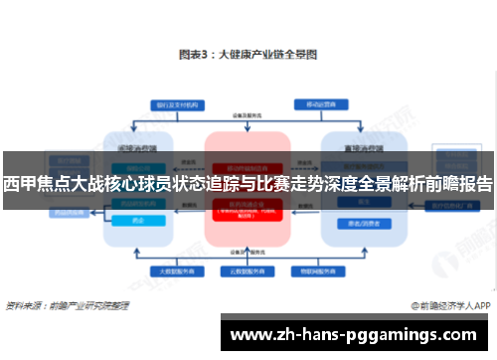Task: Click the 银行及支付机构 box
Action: tap(178, 103)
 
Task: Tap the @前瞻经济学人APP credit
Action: tap(448, 306)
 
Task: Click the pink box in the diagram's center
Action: tap(248, 189)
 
